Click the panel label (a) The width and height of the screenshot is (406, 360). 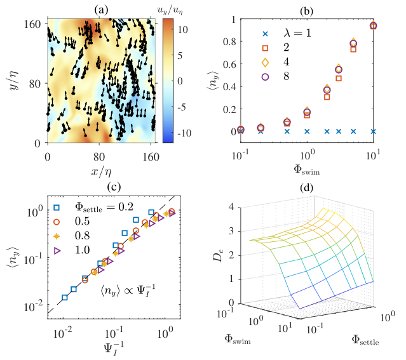[x=101, y=10]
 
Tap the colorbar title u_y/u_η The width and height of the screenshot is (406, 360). [x=170, y=11]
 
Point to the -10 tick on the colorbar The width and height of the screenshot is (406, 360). [x=184, y=133]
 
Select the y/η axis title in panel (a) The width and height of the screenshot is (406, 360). [x=14, y=81]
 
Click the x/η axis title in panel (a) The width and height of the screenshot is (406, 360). [x=101, y=171]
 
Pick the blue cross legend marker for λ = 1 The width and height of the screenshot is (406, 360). [x=265, y=34]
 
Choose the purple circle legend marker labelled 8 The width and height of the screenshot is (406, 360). [x=265, y=77]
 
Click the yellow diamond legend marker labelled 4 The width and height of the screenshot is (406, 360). [x=265, y=62]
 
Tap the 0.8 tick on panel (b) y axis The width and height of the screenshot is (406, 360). [x=229, y=42]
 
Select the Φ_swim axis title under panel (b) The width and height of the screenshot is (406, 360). [x=307, y=170]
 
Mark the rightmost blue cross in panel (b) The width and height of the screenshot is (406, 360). [x=373, y=131]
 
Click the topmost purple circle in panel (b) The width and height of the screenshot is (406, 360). [x=373, y=25]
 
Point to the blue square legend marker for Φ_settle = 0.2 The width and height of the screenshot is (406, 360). [x=57, y=208]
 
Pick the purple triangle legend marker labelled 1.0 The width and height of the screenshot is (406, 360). [x=57, y=251]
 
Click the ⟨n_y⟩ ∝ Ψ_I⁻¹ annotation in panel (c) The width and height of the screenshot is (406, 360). [x=128, y=290]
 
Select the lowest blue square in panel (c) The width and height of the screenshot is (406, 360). [x=65, y=297]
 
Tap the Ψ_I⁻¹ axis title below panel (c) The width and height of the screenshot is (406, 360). [x=114, y=349]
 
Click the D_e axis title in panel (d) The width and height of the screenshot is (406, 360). [x=217, y=255]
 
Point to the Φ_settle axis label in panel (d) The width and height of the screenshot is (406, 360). [x=365, y=340]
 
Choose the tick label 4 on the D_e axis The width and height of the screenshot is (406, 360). [x=231, y=208]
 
